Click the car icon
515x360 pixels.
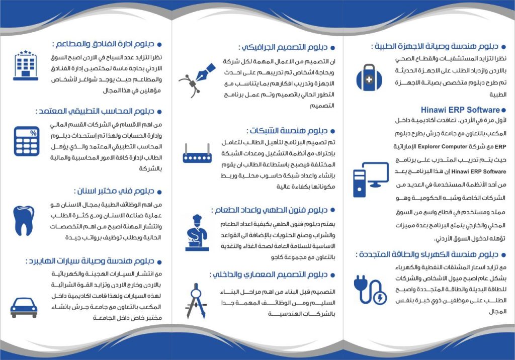click(24, 305)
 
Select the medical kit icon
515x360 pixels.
click(369, 76)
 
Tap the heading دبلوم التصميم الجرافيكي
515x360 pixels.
click(284, 47)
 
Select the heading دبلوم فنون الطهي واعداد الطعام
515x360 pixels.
click(269, 210)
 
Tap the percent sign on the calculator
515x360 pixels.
click(33, 133)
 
